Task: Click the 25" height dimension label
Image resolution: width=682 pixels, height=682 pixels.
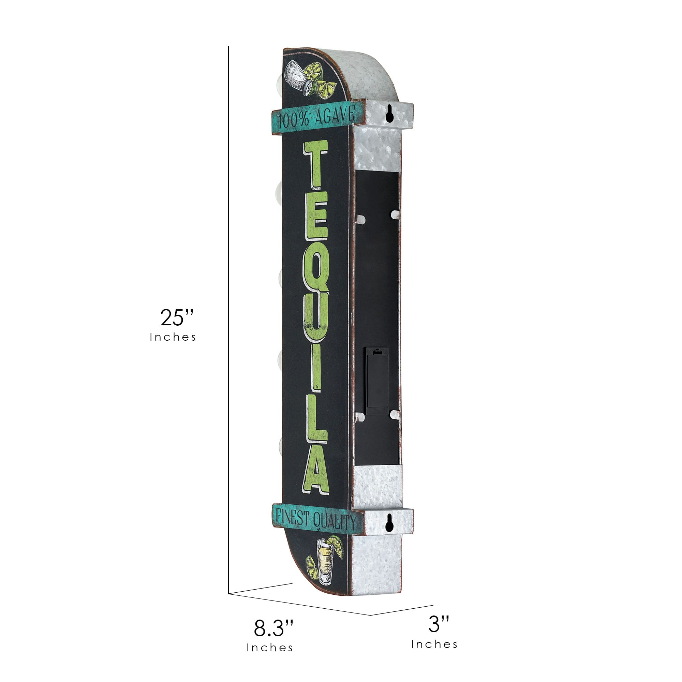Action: click(x=177, y=317)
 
